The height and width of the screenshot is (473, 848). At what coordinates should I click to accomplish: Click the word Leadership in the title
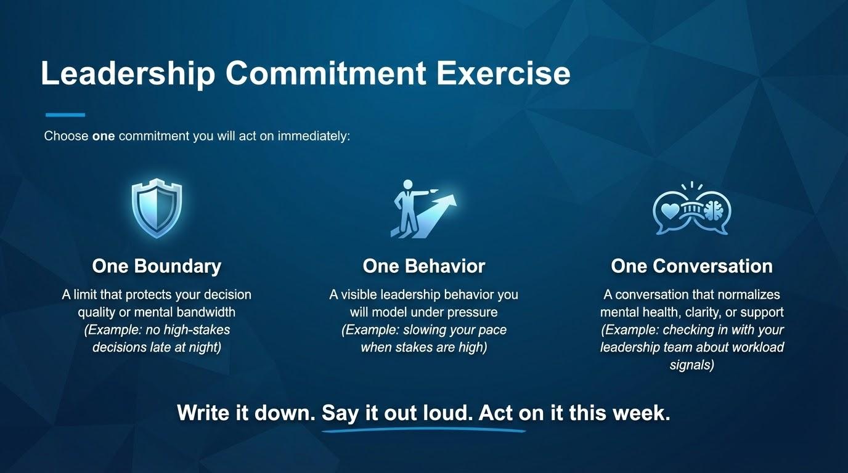coord(128,74)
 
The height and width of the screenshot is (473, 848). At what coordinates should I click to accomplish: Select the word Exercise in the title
coord(503,73)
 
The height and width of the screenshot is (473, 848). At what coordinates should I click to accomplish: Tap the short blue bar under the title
coord(65,115)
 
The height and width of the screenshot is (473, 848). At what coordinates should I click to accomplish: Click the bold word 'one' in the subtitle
coord(104,136)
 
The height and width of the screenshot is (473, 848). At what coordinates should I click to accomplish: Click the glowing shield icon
coord(157,209)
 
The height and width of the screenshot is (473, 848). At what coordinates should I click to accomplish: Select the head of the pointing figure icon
coord(408,185)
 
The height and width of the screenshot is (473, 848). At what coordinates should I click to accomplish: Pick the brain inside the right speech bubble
coord(714,210)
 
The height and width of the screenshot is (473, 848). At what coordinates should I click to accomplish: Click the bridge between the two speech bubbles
coord(691,209)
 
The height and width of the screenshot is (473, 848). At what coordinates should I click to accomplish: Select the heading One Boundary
coord(157,266)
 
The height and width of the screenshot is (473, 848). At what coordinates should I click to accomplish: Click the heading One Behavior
coord(424,266)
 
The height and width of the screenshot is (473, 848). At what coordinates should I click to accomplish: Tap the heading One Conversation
coord(691,266)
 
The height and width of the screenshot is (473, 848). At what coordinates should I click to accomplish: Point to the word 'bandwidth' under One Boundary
coord(206,312)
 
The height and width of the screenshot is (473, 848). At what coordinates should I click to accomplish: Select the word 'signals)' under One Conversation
coord(691,365)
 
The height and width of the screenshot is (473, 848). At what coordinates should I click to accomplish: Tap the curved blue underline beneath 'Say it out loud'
coord(423,430)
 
